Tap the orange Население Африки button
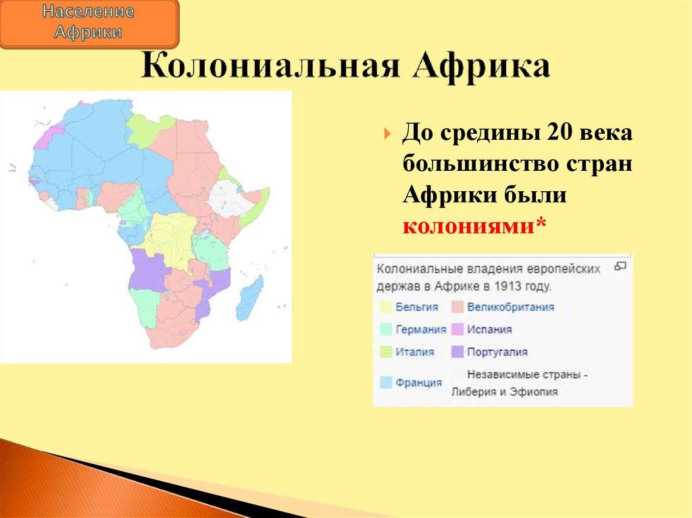pyautogui.click(x=89, y=23)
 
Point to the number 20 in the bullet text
pyautogui.click(x=558, y=133)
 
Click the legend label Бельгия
pyautogui.click(x=417, y=307)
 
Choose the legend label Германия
pyautogui.click(x=421, y=330)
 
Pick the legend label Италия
pyautogui.click(x=415, y=352)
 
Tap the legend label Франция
pyautogui.click(x=419, y=382)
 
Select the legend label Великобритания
pyautogui.click(x=510, y=307)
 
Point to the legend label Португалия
pyautogui.click(x=497, y=352)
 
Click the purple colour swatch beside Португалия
pyautogui.click(x=458, y=352)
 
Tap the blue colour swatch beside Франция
pyautogui.click(x=386, y=382)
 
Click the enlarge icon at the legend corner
pyautogui.click(x=620, y=266)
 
